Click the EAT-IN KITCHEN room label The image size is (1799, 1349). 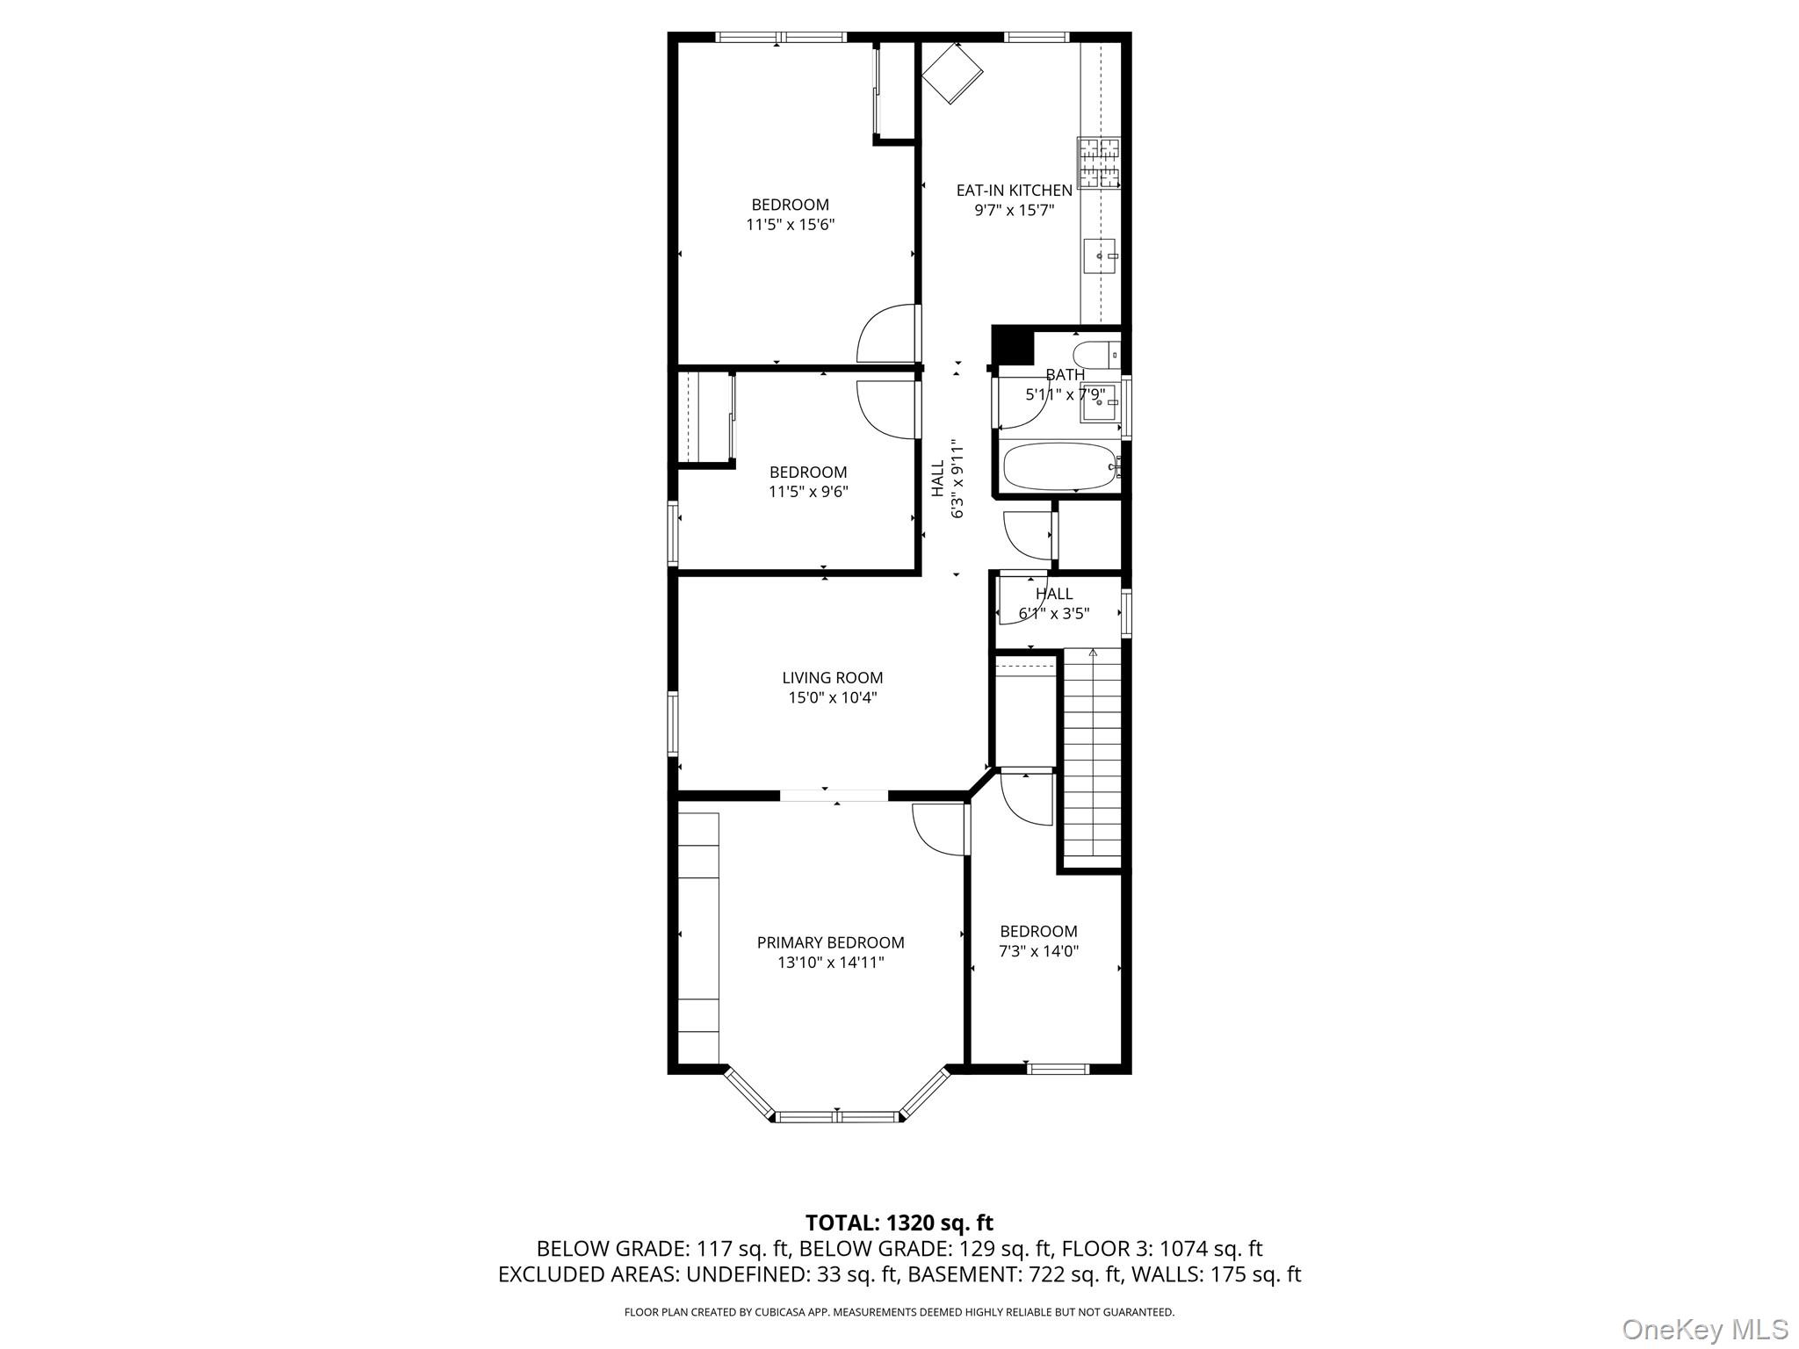pyautogui.click(x=1014, y=190)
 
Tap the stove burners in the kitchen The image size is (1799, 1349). pyautogui.click(x=1099, y=163)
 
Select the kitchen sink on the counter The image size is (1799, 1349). pyautogui.click(x=1100, y=256)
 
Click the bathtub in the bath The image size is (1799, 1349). pyautogui.click(x=1058, y=466)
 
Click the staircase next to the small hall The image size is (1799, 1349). pyautogui.click(x=1093, y=755)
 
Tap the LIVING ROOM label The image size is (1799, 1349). pyautogui.click(x=832, y=678)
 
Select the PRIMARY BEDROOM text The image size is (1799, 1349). pyautogui.click(x=830, y=942)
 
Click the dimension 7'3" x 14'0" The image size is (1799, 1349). pyautogui.click(x=1038, y=950)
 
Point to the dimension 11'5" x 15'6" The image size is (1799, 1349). pyautogui.click(x=790, y=224)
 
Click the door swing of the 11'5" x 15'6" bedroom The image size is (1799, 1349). pyautogui.click(x=887, y=334)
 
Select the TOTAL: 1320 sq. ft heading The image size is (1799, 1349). pyautogui.click(x=899, y=1223)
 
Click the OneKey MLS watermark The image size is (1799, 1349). pyautogui.click(x=1704, y=1329)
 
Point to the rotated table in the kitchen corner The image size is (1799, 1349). pyautogui.click(x=951, y=72)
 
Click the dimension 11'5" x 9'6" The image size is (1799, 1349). pyautogui.click(x=808, y=492)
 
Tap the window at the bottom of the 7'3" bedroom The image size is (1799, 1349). pyautogui.click(x=1058, y=1069)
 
